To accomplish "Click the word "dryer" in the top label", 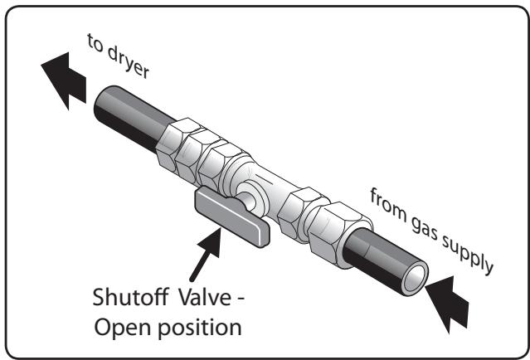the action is [x=129, y=61].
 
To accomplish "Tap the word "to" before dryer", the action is [x=95, y=43].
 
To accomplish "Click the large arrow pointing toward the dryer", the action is [x=64, y=80].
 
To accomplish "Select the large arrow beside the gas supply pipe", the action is [x=448, y=304].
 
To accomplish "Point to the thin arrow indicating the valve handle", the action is [x=206, y=254].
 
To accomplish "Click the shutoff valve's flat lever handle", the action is [x=232, y=216].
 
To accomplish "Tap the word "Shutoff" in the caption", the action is [x=130, y=297].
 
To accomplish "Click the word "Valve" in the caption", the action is [x=205, y=297].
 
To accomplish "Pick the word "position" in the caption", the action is [x=200, y=327].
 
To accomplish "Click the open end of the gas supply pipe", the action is [x=415, y=278].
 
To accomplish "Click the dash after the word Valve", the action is [x=240, y=299].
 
